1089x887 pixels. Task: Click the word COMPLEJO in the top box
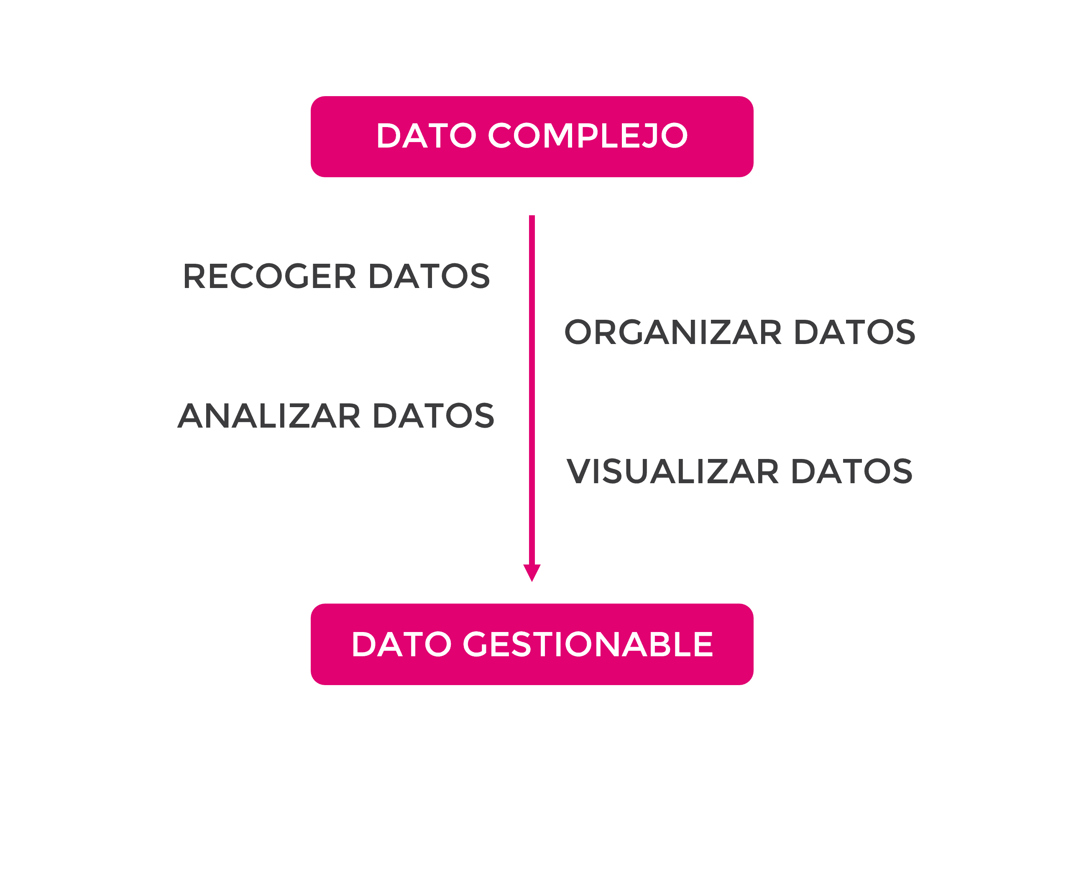pyautogui.click(x=588, y=136)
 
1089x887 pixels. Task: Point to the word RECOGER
pyautogui.click(x=269, y=276)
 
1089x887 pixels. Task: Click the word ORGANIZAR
pyautogui.click(x=673, y=333)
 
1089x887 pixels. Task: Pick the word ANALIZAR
pyautogui.click(x=269, y=416)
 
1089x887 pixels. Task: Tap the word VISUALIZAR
pyautogui.click(x=673, y=472)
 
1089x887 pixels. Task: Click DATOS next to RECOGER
pyautogui.click(x=429, y=276)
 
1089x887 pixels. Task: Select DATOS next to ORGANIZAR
pyautogui.click(x=854, y=333)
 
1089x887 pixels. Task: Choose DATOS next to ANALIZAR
pyautogui.click(x=434, y=416)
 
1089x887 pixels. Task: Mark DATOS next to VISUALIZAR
pyautogui.click(x=852, y=472)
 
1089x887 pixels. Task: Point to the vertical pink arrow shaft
pyautogui.click(x=532, y=388)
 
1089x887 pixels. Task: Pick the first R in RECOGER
pyautogui.click(x=194, y=276)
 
